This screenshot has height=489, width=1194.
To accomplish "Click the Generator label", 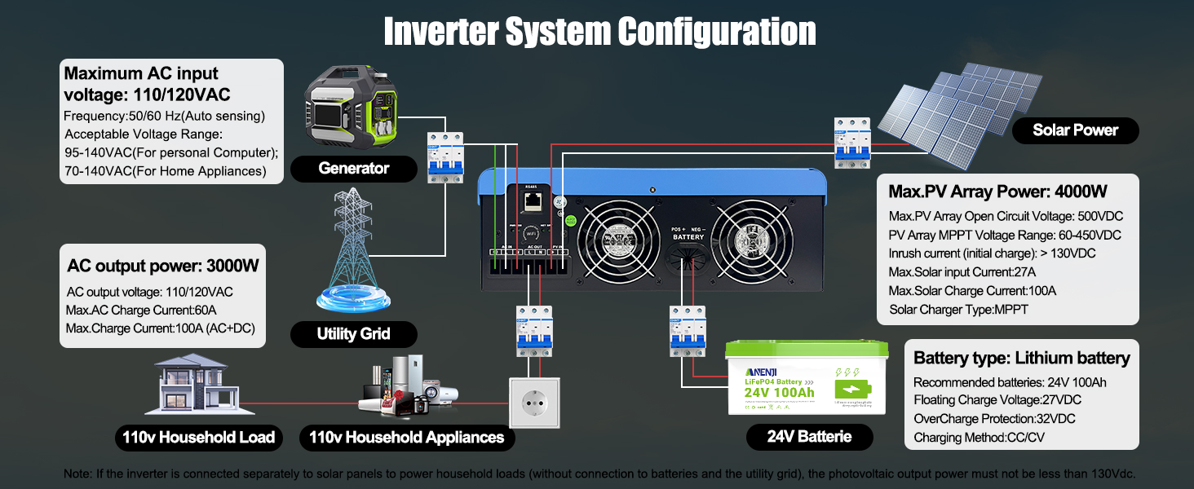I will click(353, 169).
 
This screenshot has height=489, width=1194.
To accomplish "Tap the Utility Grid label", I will click(353, 333).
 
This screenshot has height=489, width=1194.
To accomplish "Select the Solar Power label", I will click(1075, 130).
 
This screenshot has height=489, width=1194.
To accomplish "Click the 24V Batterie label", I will click(809, 436).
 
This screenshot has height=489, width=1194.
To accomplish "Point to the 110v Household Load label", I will click(199, 438).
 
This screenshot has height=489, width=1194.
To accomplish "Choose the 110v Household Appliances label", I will click(406, 438).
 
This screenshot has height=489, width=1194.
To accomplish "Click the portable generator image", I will click(352, 110).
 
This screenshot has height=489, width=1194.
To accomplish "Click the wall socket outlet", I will click(535, 402).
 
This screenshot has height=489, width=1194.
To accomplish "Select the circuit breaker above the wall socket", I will click(534, 330).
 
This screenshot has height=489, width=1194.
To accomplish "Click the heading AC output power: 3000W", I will click(163, 267).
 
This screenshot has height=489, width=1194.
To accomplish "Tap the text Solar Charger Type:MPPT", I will click(958, 310).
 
